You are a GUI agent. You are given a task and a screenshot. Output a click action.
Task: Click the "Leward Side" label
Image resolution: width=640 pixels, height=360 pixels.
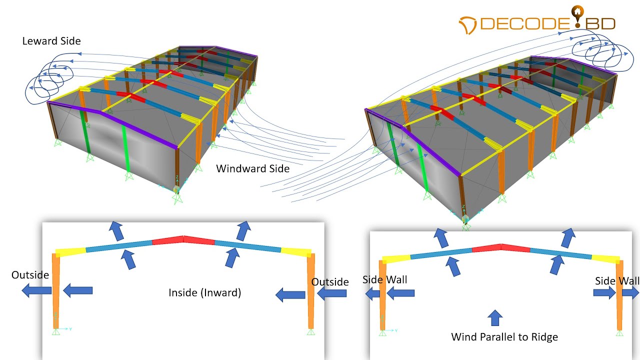(x=51, y=41)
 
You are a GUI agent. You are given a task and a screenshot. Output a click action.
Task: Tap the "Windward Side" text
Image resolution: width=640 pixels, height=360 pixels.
(x=252, y=168)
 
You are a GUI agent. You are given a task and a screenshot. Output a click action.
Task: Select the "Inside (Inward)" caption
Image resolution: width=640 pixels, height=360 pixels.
(x=204, y=292)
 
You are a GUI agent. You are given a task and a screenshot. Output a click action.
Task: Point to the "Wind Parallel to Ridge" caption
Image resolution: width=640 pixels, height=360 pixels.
(x=504, y=336)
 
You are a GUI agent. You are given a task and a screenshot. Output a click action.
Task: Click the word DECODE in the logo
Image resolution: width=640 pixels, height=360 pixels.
(x=525, y=23)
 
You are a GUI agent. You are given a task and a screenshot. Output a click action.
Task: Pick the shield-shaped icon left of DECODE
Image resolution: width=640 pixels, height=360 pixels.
(x=468, y=23)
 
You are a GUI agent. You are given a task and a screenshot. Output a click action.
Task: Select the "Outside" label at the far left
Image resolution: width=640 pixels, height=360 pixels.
(x=30, y=275)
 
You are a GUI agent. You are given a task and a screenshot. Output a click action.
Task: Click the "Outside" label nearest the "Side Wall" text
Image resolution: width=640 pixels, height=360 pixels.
(x=330, y=282)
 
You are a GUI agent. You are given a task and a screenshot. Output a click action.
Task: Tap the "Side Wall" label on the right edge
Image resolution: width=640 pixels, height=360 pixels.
(x=617, y=281)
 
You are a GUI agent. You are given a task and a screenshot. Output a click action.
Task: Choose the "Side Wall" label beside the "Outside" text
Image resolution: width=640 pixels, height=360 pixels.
(x=384, y=279)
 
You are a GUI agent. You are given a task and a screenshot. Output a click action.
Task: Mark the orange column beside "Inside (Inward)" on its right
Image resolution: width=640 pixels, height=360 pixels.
(x=311, y=290)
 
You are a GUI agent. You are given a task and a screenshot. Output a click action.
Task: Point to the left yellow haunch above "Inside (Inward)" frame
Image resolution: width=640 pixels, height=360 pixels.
(x=70, y=251)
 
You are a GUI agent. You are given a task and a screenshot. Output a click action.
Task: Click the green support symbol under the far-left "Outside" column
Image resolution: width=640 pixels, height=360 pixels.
(x=56, y=331)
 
